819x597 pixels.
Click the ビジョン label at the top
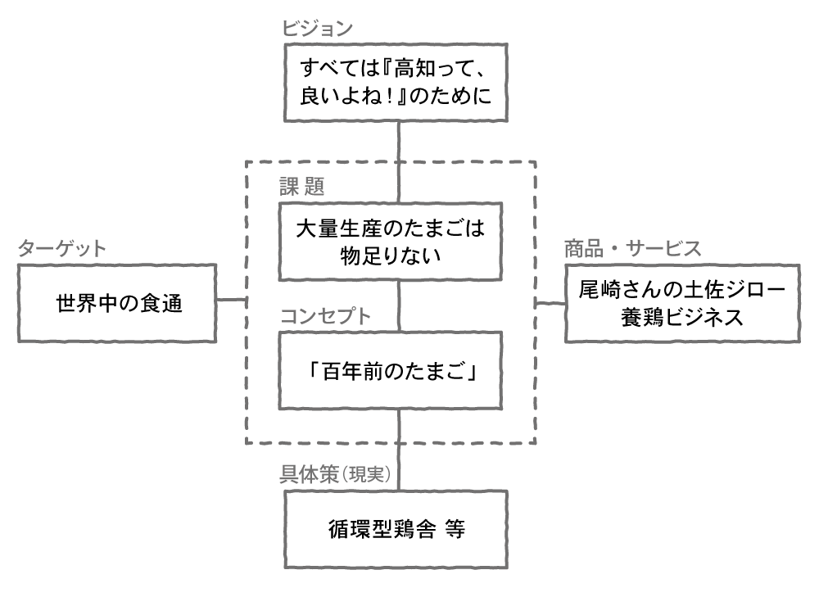tap(317, 28)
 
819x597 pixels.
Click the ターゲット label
tap(61, 249)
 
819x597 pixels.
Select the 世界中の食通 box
tap(117, 304)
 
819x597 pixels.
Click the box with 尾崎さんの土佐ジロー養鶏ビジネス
tap(681, 304)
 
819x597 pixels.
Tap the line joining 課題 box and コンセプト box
tap(399, 306)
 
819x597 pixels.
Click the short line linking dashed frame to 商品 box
tap(550, 304)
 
